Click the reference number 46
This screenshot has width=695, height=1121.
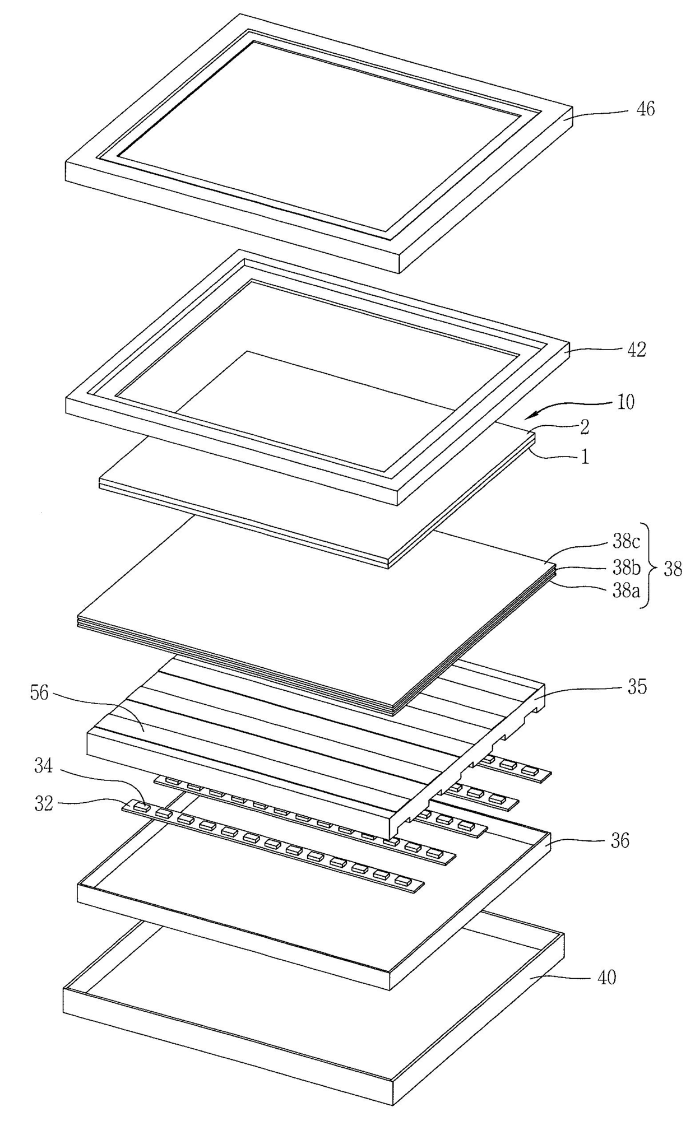(646, 109)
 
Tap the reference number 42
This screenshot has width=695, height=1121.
(636, 350)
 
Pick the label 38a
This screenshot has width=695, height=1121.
(625, 591)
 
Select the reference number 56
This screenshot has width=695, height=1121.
(41, 693)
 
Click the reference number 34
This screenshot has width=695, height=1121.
(43, 766)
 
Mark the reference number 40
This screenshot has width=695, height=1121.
(604, 978)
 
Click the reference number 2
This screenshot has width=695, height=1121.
(584, 428)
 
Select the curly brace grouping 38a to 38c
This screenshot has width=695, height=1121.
(650, 566)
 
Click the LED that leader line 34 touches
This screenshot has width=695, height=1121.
(142, 808)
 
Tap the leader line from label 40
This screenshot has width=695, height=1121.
(560, 979)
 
